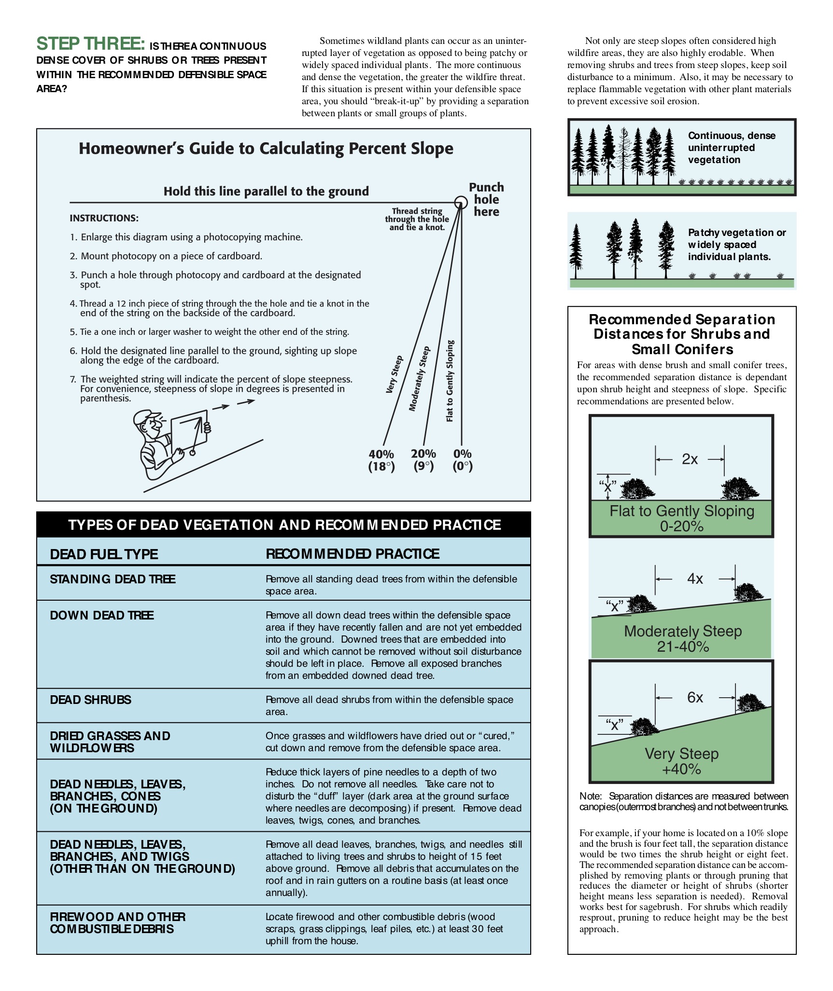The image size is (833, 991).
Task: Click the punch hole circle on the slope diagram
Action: [x=461, y=202]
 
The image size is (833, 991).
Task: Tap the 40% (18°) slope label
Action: [x=381, y=460]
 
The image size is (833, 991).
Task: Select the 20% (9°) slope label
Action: [x=424, y=460]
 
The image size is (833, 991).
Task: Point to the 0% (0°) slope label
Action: [x=463, y=460]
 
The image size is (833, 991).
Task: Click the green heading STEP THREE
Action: [x=91, y=44]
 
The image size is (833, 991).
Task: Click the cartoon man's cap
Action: [x=147, y=416]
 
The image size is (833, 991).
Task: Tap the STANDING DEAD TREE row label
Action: [x=113, y=579]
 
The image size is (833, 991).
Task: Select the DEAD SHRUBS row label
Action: [x=90, y=700]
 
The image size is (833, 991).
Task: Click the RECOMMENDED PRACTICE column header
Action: [x=353, y=554]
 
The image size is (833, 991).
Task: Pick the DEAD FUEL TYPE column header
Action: [x=104, y=554]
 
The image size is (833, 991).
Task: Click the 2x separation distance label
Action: [x=690, y=459]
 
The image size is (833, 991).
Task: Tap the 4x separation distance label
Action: [x=695, y=579]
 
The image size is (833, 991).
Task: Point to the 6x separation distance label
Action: [x=695, y=698]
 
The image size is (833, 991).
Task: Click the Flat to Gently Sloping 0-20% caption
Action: [x=681, y=518]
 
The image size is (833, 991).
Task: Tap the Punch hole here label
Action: [x=486, y=200]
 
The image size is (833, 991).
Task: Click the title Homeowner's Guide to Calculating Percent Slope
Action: [x=266, y=149]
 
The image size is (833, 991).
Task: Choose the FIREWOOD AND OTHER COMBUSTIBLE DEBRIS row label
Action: [x=117, y=923]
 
